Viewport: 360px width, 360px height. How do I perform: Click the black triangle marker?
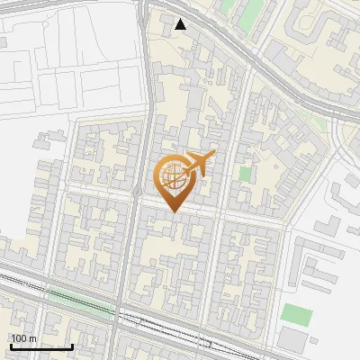tap(181, 24)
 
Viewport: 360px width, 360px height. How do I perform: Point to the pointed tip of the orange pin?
tap(173, 211)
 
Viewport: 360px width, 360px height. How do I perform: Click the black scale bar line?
tap(40, 346)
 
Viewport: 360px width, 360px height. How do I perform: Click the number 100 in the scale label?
tap(20, 338)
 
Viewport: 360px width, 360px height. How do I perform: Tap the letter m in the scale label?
tap(33, 338)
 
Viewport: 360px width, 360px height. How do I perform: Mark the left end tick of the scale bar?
tap(10, 346)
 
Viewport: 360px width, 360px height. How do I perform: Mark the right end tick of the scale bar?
tap(72, 346)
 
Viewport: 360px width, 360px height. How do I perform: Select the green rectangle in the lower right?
tap(296, 315)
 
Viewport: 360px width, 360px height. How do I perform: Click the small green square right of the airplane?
tap(245, 172)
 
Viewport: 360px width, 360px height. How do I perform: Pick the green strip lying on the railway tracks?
tap(85, 306)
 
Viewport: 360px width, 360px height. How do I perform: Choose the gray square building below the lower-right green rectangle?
tap(292, 339)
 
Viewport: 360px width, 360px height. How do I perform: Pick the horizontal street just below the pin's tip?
tap(207, 216)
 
